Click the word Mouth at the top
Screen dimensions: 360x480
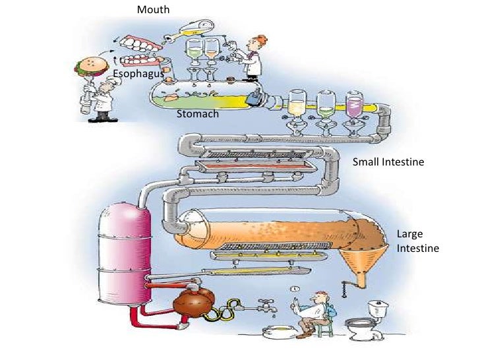tap(153, 10)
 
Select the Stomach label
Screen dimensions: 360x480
tap(197, 113)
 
